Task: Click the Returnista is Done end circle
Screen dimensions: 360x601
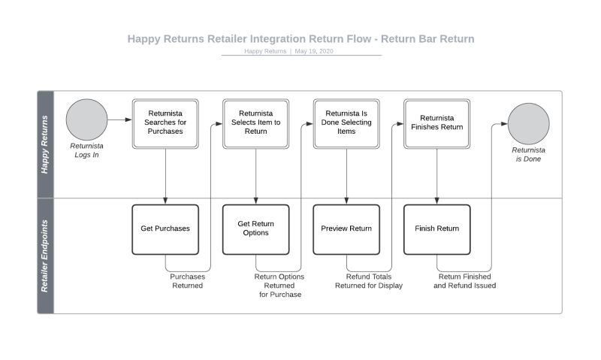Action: pyautogui.click(x=528, y=124)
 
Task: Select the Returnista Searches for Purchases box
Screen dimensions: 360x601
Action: pyautogui.click(x=165, y=122)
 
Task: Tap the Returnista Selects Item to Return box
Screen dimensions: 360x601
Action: pyautogui.click(x=256, y=122)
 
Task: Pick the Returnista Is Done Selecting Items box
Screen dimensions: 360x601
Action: pyautogui.click(x=346, y=122)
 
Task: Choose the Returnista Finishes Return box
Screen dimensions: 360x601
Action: pyautogui.click(x=437, y=122)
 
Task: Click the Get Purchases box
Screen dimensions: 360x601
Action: pyautogui.click(x=165, y=228)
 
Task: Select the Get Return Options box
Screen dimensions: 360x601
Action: pyautogui.click(x=256, y=228)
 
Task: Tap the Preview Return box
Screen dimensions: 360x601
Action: pyautogui.click(x=346, y=228)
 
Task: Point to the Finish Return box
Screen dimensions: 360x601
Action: pyautogui.click(x=437, y=228)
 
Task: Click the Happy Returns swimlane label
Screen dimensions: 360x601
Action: pyautogui.click(x=45, y=145)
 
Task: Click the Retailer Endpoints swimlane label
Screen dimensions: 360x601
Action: pyautogui.click(x=45, y=256)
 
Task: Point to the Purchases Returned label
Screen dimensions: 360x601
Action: pyautogui.click(x=187, y=281)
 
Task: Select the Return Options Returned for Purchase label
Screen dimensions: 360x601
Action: pyautogui.click(x=279, y=286)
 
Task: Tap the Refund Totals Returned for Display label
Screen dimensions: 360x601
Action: pyautogui.click(x=369, y=281)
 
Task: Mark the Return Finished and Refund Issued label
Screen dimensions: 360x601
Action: pyautogui.click(x=464, y=281)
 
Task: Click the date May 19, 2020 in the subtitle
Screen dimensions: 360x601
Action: pyautogui.click(x=314, y=52)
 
